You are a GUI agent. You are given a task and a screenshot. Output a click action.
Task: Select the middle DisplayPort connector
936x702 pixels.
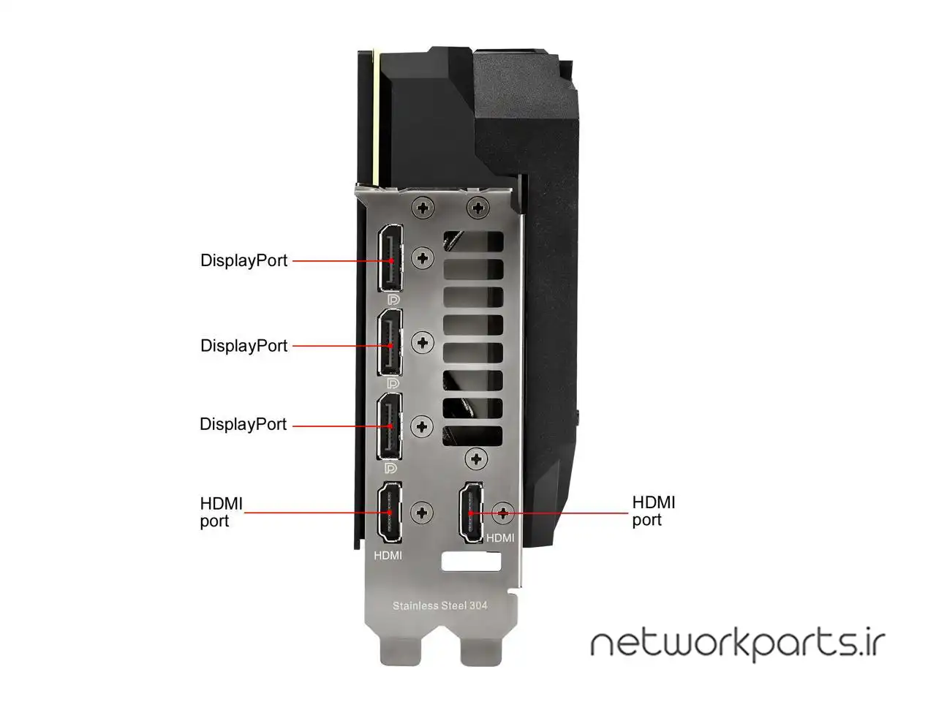(x=390, y=344)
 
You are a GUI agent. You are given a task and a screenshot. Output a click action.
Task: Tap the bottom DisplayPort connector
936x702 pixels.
(x=390, y=426)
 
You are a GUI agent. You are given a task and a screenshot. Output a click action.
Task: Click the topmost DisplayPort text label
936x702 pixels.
(x=244, y=260)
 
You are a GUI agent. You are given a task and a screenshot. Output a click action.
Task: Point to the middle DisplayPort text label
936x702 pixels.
(x=244, y=345)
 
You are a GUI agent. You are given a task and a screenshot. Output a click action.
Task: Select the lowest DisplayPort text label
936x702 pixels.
(x=244, y=424)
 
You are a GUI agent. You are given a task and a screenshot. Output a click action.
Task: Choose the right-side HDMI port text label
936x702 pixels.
(x=653, y=510)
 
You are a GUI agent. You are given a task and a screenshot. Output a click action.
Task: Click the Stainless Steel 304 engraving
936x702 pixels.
(x=439, y=605)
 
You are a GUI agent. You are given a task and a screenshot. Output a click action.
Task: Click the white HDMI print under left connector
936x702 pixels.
(x=388, y=555)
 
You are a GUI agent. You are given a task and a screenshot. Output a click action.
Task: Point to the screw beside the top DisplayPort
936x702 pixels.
(x=423, y=257)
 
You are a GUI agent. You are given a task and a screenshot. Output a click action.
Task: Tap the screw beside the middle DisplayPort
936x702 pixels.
(x=423, y=342)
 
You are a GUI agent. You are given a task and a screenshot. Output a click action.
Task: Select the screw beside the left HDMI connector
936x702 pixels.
(x=422, y=512)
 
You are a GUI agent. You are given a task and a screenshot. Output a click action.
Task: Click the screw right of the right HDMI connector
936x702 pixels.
(x=503, y=512)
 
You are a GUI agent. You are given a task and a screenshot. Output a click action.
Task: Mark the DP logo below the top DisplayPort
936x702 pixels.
(x=393, y=299)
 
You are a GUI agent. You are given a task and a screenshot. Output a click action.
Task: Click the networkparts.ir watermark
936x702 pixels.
(x=737, y=643)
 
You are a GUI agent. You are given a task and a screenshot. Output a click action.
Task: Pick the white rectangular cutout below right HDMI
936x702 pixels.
(x=472, y=562)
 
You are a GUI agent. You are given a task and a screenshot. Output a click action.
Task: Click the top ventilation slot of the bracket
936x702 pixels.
(x=473, y=242)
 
